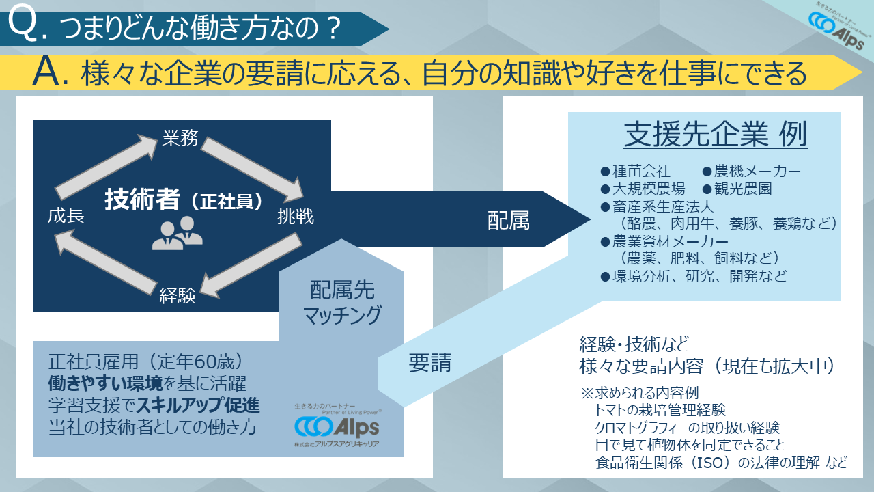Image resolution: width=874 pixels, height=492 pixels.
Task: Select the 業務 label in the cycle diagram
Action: pyautogui.click(x=180, y=138)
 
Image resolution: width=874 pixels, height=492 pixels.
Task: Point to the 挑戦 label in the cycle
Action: pyautogui.click(x=296, y=217)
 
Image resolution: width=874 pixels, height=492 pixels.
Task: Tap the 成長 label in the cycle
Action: pyautogui.click(x=66, y=216)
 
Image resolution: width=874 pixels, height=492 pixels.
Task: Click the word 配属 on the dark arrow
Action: pyautogui.click(x=509, y=220)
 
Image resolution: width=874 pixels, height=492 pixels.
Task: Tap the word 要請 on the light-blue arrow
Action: pyautogui.click(x=430, y=362)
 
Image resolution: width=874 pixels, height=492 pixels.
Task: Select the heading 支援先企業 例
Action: pyautogui.click(x=716, y=135)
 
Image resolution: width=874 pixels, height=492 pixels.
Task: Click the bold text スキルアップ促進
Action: pyautogui.click(x=198, y=405)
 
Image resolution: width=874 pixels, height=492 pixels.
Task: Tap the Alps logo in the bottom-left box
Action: pyautogui.click(x=337, y=427)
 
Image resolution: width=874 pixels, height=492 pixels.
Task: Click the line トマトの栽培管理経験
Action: pyautogui.click(x=660, y=410)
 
